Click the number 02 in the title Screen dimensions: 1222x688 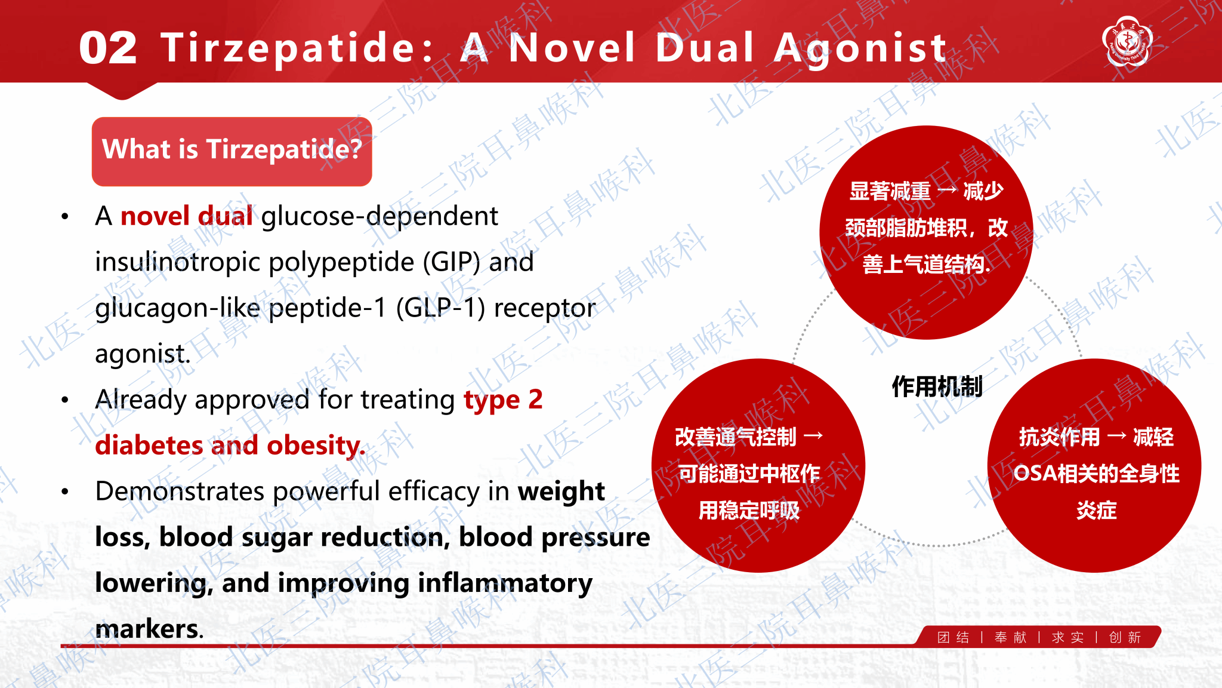[x=108, y=48]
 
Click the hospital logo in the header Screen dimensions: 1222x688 [x=1127, y=41]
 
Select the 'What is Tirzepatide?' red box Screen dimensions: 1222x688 [x=232, y=151]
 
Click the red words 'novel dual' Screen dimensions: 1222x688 [x=187, y=216]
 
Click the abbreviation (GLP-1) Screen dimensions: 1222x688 [x=440, y=308]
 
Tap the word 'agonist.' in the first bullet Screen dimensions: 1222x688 [x=143, y=354]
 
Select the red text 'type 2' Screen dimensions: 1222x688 [x=503, y=400]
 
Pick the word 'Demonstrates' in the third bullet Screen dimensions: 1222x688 [x=180, y=492]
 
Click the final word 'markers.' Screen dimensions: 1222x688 [x=150, y=629]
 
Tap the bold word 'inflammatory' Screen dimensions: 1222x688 [x=505, y=583]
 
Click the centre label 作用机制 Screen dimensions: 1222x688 [x=937, y=386]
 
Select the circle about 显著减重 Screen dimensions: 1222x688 [x=926, y=232]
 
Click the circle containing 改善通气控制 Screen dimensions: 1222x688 [x=758, y=466]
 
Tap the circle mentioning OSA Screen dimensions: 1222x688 [x=1094, y=466]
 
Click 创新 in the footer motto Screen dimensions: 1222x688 [x=1125, y=638]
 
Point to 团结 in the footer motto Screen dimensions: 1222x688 [x=953, y=638]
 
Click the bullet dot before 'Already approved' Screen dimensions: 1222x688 [x=65, y=400]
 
